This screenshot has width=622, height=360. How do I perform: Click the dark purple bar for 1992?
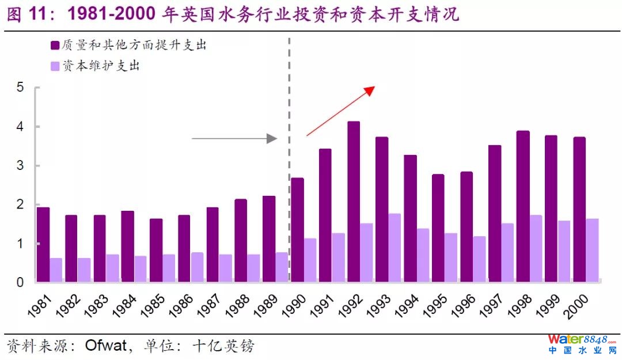click(354, 202)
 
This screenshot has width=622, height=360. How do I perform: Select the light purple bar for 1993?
click(395, 248)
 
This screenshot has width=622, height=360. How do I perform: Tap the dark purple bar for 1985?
click(156, 251)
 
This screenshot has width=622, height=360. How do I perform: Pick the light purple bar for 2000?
click(592, 251)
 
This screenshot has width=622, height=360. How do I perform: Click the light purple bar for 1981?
click(56, 270)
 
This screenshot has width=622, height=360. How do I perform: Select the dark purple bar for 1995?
click(438, 228)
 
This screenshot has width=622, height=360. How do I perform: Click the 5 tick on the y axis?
click(20, 88)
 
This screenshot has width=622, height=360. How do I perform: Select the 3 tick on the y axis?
click(20, 166)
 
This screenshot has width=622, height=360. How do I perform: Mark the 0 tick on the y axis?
click(20, 283)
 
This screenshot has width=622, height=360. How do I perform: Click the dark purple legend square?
click(55, 46)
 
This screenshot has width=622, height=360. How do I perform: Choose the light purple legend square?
click(55, 66)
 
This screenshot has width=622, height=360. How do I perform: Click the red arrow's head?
click(370, 90)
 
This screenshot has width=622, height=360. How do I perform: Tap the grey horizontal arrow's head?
click(273, 138)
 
